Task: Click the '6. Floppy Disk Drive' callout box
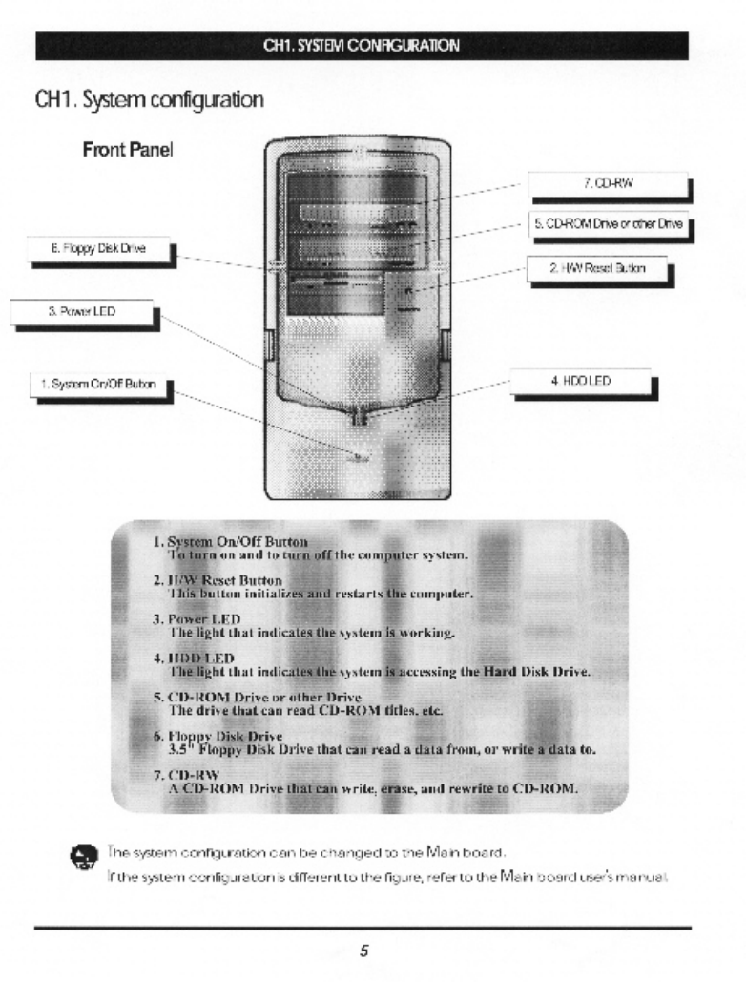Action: click(x=92, y=251)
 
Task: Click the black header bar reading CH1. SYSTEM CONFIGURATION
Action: click(x=362, y=45)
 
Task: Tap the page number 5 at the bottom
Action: click(x=363, y=951)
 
